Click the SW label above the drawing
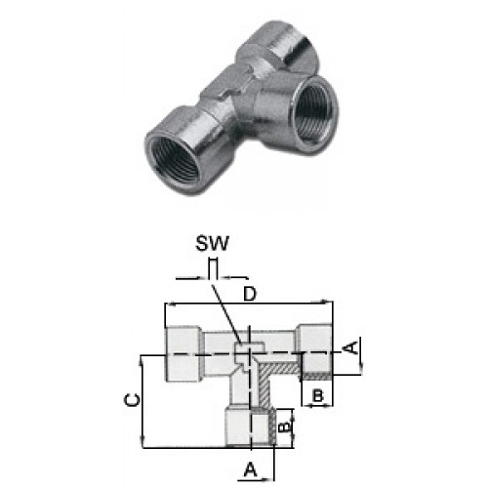(212, 243)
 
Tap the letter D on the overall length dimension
(250, 294)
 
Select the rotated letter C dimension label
(133, 400)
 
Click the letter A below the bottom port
(250, 469)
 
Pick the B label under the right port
(318, 396)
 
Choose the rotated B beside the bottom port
(284, 426)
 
